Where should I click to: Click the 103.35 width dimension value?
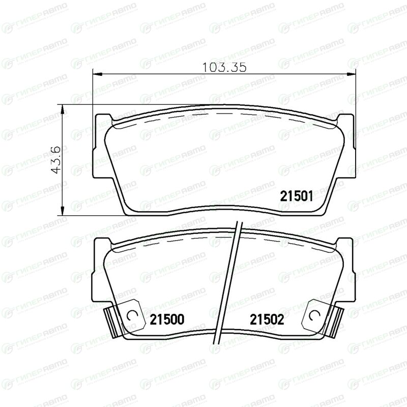224,68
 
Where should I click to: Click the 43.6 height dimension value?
55,160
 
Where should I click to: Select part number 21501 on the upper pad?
297,196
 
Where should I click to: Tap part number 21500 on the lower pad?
167,319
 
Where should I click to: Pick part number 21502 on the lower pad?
267,319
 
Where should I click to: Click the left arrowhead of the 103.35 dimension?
97,74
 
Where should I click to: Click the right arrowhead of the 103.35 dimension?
351,74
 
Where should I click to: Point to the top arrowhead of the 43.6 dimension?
62,109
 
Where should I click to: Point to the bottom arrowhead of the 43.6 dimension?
62,210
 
